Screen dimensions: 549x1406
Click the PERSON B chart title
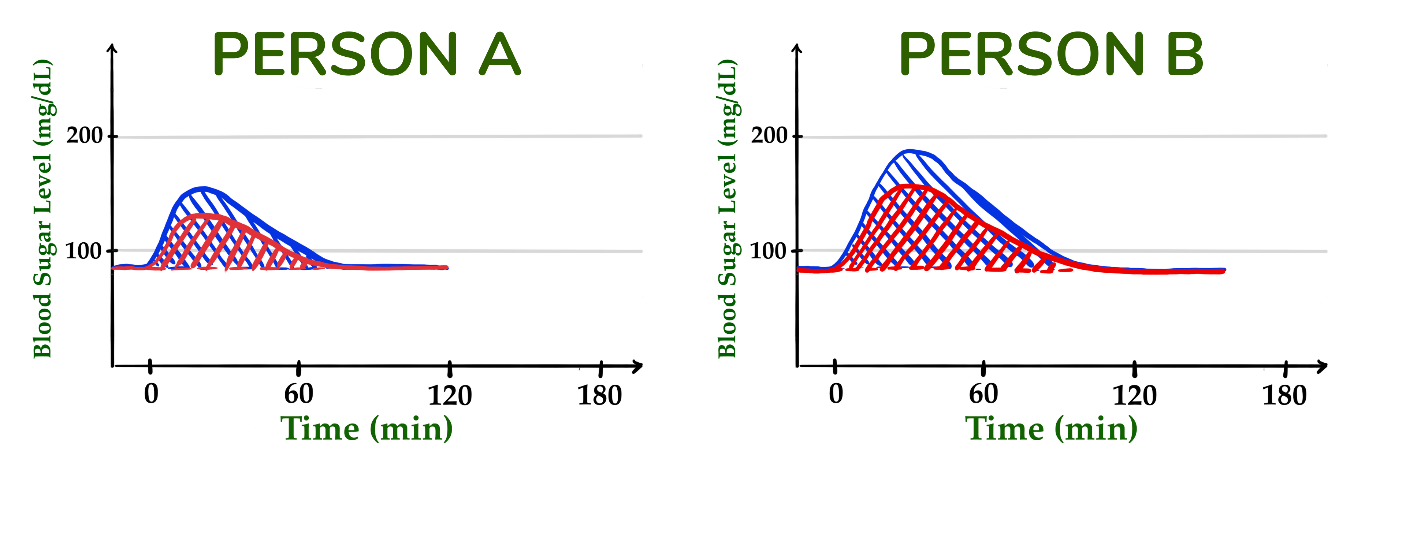tap(1051, 55)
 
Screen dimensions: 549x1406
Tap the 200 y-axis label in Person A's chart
tap(85, 135)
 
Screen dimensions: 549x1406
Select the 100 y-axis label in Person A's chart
tap(83, 251)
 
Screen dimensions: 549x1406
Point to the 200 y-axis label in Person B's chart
tap(769, 135)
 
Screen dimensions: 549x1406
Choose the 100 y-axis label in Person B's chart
tap(768, 251)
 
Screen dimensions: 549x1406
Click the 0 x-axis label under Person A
tap(151, 394)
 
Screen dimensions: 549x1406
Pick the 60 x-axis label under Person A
tap(298, 394)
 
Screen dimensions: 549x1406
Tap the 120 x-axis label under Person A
tap(449, 395)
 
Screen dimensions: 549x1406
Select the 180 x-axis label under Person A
tap(599, 395)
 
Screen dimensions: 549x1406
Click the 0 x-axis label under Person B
tap(836, 394)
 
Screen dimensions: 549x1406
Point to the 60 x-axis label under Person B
tap(983, 394)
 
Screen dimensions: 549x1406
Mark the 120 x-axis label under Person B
tap(1134, 395)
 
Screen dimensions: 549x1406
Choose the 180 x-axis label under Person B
tap(1284, 395)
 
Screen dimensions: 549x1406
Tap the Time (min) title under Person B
tap(1051, 429)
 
